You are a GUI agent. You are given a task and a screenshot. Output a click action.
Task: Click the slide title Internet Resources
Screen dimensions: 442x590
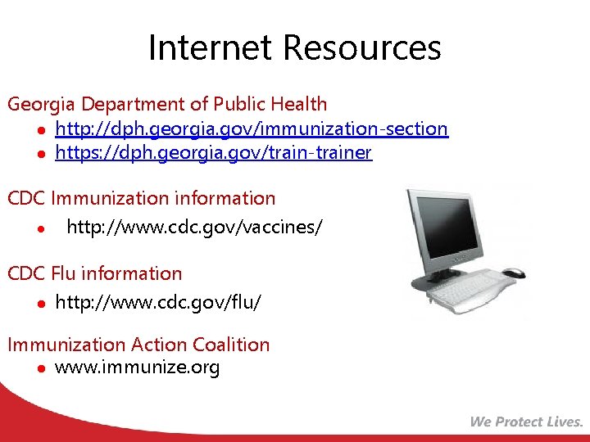tap(294, 47)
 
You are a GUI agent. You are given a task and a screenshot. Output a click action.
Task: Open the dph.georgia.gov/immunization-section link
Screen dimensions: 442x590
tap(251, 129)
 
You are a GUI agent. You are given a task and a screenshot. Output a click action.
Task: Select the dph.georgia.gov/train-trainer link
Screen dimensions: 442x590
tap(213, 153)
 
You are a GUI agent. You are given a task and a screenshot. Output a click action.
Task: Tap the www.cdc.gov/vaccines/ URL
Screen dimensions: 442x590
tap(194, 227)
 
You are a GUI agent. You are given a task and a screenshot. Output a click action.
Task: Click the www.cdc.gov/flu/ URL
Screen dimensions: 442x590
tap(158, 303)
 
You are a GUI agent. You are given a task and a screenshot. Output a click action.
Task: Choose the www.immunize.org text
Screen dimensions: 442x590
tap(137, 368)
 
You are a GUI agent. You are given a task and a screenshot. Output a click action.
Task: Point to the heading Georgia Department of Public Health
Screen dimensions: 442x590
tap(167, 104)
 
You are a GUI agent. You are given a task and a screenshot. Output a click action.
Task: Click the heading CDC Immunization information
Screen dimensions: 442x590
tap(141, 198)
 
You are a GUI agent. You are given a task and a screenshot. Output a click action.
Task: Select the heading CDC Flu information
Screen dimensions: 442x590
tap(94, 273)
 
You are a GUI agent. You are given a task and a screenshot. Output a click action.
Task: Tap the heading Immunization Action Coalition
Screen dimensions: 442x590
tap(138, 345)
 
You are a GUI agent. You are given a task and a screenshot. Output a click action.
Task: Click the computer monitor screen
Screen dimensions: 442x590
tap(456, 230)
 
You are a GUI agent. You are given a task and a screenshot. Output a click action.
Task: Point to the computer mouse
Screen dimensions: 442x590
tap(513, 273)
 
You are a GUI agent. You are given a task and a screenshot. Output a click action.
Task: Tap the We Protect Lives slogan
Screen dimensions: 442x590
tap(526, 422)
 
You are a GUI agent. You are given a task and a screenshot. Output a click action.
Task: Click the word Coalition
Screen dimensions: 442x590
tap(229, 345)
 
